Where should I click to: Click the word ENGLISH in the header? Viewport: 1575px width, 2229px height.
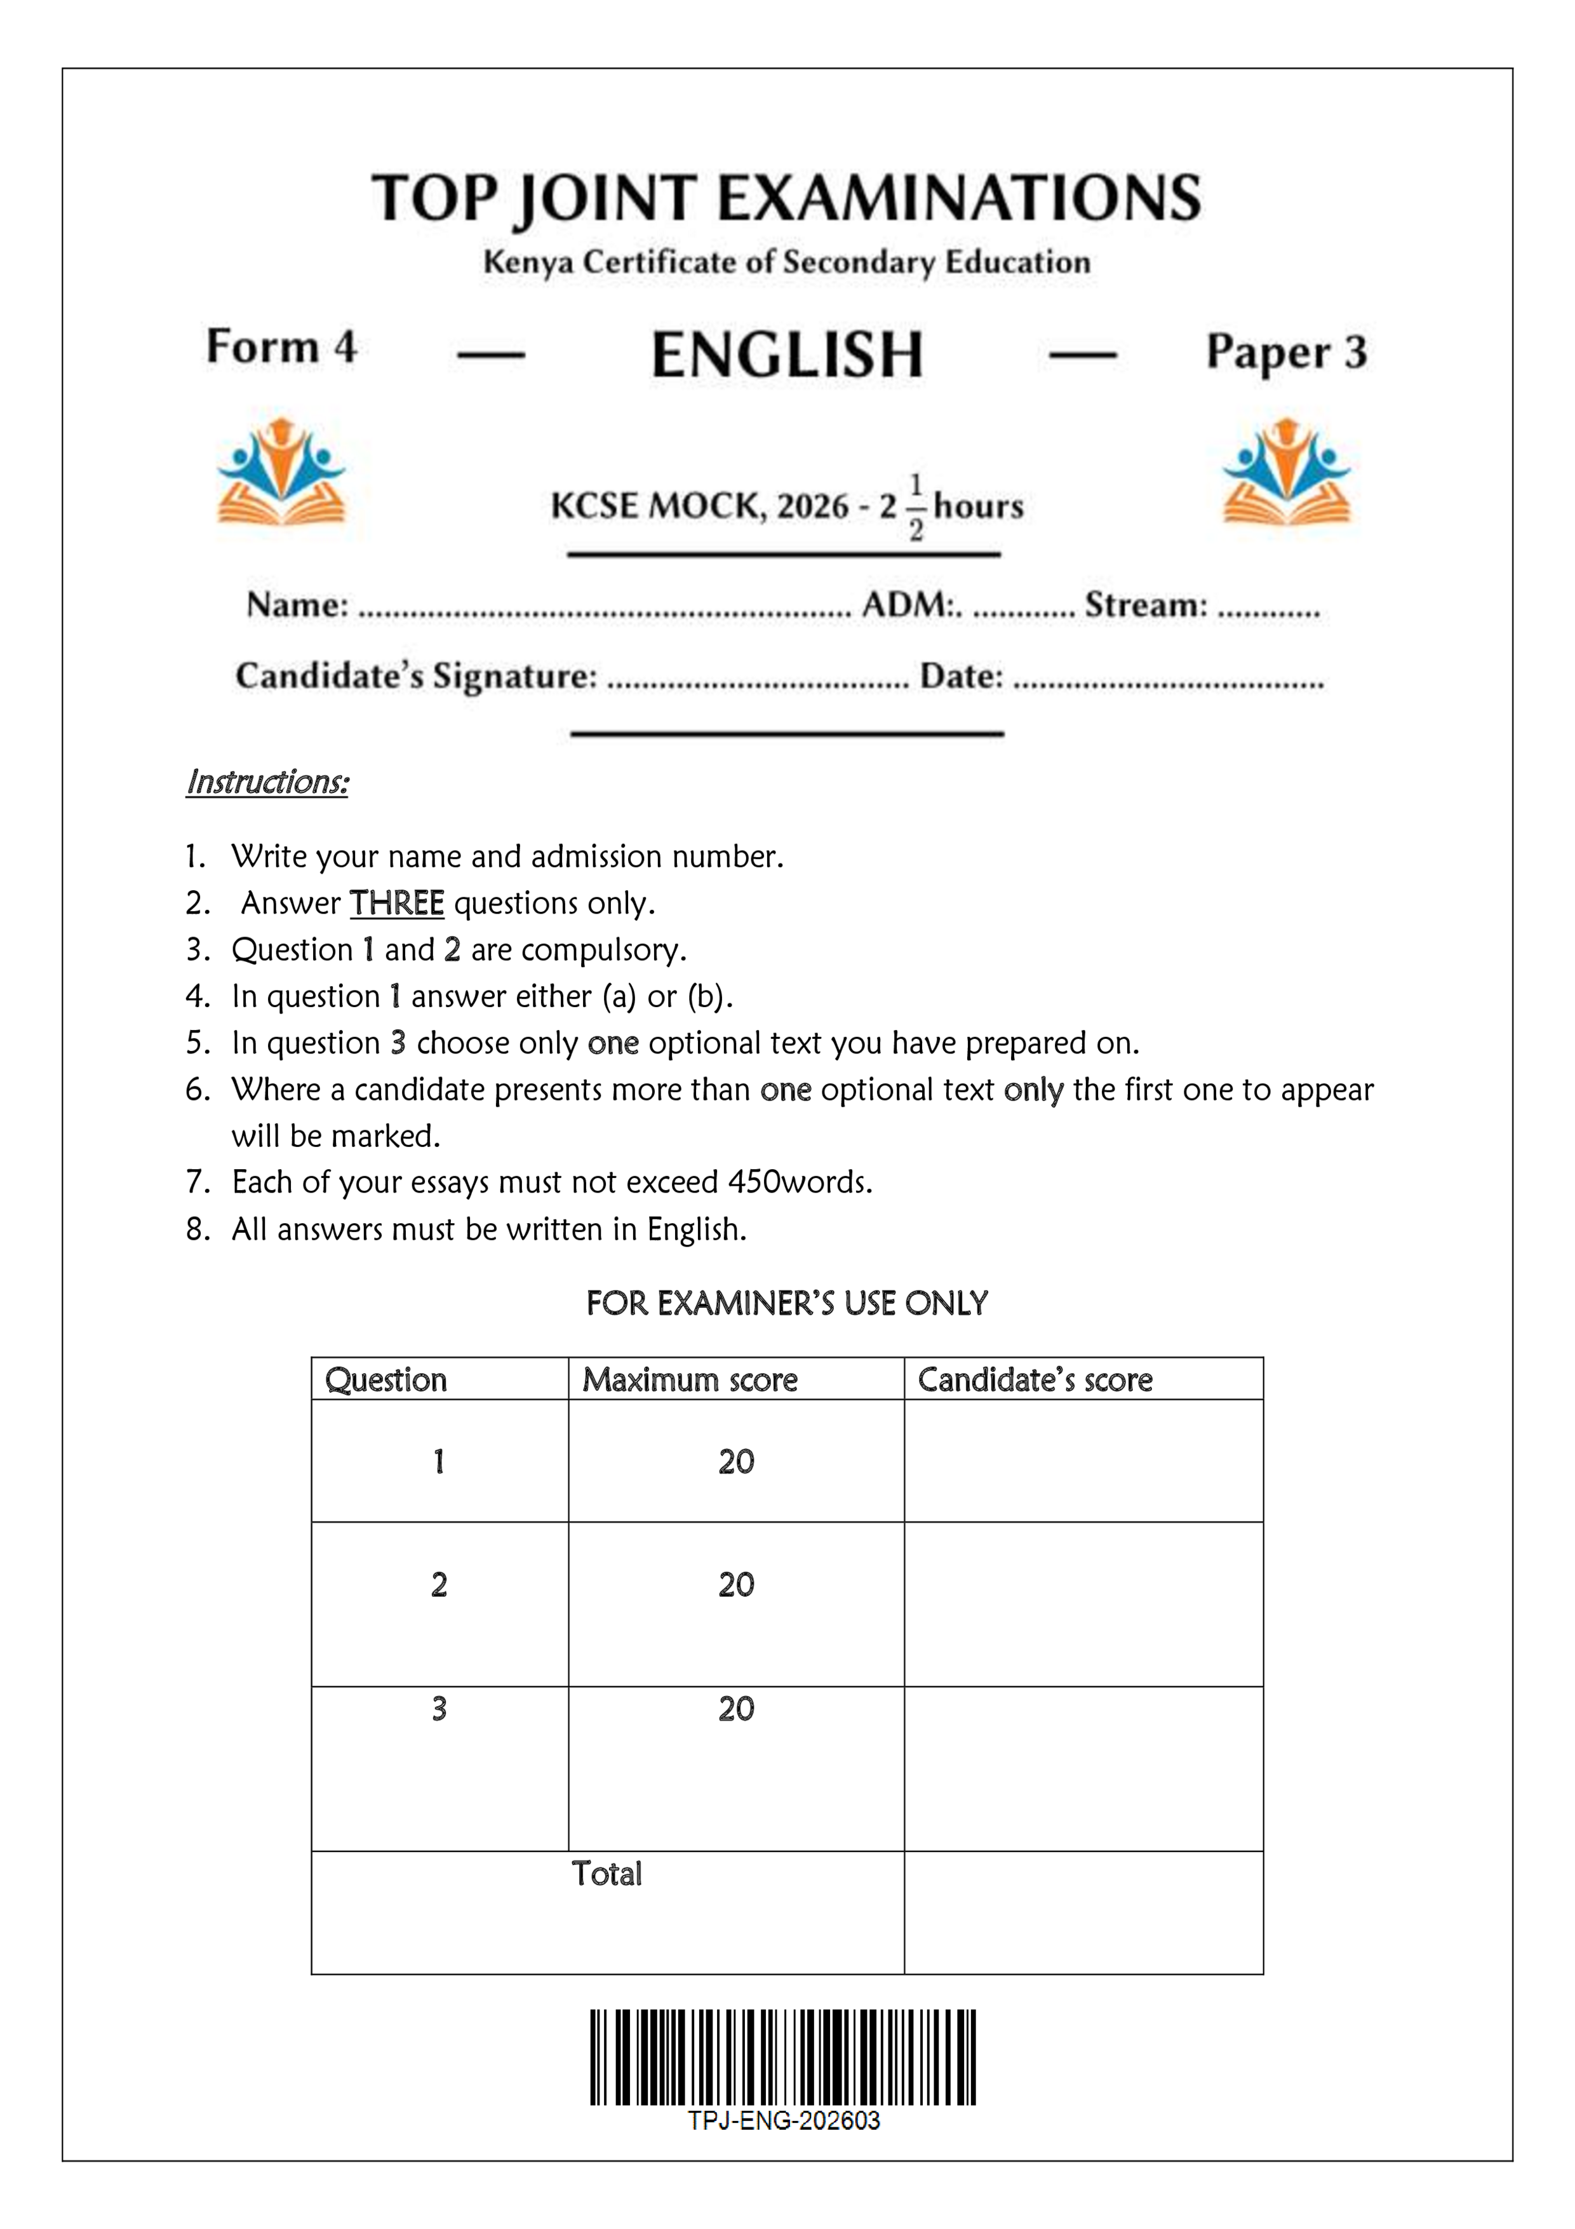(x=786, y=355)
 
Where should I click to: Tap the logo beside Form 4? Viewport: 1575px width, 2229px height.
(x=281, y=472)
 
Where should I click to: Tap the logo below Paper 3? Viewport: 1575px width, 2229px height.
(x=1286, y=472)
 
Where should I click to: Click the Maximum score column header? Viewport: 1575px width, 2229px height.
(x=689, y=1379)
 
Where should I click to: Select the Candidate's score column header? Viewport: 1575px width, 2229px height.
(x=1035, y=1379)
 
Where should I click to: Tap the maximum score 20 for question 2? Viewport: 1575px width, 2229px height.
(x=735, y=1584)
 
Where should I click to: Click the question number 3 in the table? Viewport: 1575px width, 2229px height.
(x=439, y=1709)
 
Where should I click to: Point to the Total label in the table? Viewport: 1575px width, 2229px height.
(x=607, y=1874)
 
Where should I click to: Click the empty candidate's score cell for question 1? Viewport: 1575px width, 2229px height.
(x=1083, y=1461)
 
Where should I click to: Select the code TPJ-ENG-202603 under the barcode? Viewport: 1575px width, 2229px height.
(x=783, y=2120)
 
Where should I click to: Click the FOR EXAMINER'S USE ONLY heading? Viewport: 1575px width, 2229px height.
(x=786, y=1303)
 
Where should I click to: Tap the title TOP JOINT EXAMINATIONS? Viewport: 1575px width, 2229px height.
(x=786, y=198)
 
